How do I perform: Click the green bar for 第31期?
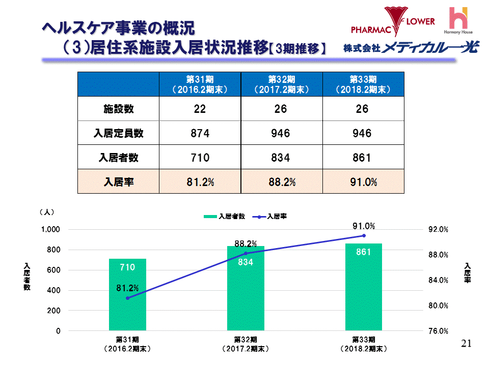pyautogui.click(x=127, y=295)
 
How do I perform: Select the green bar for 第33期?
pyautogui.click(x=363, y=287)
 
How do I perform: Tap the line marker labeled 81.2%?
pyautogui.click(x=127, y=298)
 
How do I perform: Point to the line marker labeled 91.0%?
pyautogui.click(x=364, y=235)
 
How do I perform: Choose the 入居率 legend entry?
pyautogui.click(x=273, y=216)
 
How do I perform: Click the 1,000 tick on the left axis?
pyautogui.click(x=50, y=230)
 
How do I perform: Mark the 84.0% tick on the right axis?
pyautogui.click(x=438, y=280)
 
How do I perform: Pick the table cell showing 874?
pyautogui.click(x=200, y=133)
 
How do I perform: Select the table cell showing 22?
pyautogui.click(x=200, y=109)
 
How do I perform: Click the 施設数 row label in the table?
pyautogui.click(x=118, y=109)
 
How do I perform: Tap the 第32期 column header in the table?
pyautogui.click(x=281, y=84)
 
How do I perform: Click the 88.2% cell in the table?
pyautogui.click(x=281, y=182)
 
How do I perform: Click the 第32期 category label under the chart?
pyautogui.click(x=246, y=344)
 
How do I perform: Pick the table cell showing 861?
pyautogui.click(x=363, y=158)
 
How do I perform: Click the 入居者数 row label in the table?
pyautogui.click(x=118, y=158)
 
